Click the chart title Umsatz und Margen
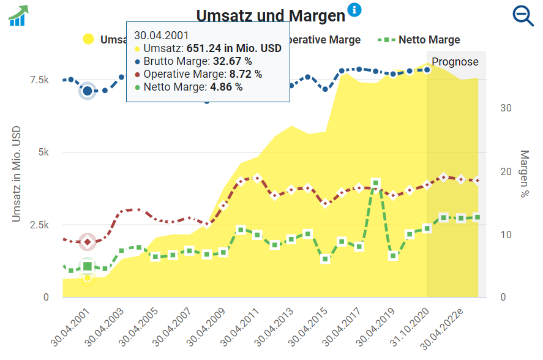point(271,15)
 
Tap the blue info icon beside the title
point(354,10)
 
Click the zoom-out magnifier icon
point(523,15)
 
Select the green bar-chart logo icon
point(18,15)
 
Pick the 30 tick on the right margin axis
point(506,108)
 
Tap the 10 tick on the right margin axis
point(506,234)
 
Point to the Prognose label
point(455,62)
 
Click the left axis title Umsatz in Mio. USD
point(17,174)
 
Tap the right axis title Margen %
point(524,174)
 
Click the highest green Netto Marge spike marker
point(376,183)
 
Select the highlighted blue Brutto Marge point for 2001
point(88,91)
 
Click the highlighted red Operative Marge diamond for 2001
point(88,242)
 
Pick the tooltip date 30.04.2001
point(162,35)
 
